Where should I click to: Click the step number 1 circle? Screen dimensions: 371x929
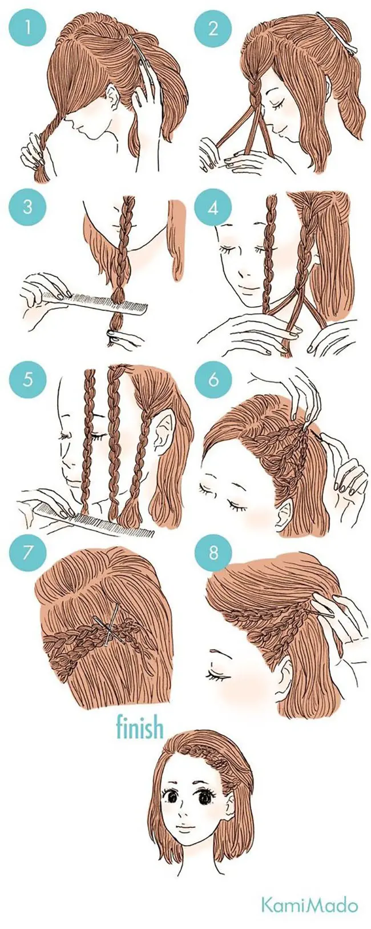click(x=28, y=29)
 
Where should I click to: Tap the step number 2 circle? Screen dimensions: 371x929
click(x=213, y=29)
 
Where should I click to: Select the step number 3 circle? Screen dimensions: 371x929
click(x=28, y=207)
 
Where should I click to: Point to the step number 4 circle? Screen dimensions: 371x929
click(x=213, y=207)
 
